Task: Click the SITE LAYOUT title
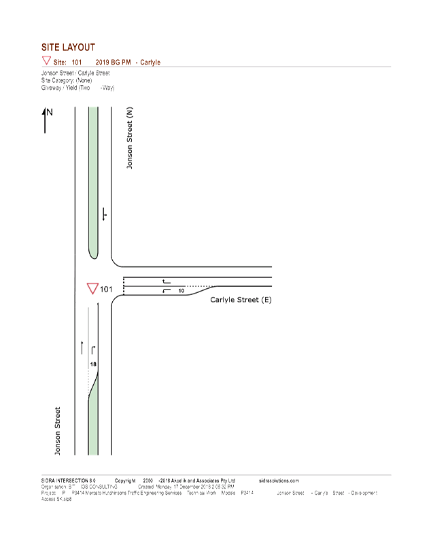click(69, 47)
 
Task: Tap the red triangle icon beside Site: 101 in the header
click(46, 61)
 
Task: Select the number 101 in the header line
click(77, 62)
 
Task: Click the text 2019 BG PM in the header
click(113, 62)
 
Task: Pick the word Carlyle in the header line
click(150, 62)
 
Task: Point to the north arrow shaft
click(46, 122)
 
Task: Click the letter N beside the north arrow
click(50, 112)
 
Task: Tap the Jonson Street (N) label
click(129, 139)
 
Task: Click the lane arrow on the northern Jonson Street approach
click(103, 213)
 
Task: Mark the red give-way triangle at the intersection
click(91, 289)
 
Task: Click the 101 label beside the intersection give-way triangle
click(107, 290)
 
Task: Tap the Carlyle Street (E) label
click(241, 300)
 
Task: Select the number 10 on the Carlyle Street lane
click(181, 291)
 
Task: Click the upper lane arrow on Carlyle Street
click(165, 281)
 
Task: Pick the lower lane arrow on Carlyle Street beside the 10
click(165, 291)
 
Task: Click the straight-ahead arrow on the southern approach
click(82, 347)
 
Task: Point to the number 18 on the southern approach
click(94, 364)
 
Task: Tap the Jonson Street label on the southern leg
click(58, 431)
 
